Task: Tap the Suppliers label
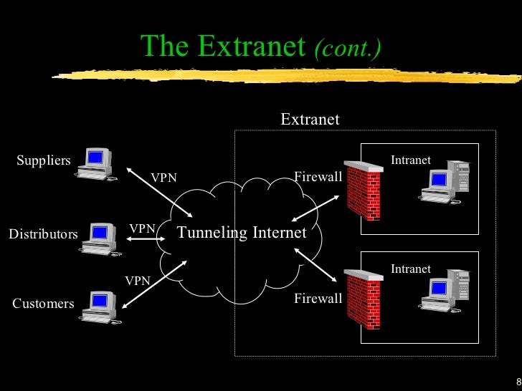tap(43, 160)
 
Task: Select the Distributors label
tap(43, 234)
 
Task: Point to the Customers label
tap(43, 304)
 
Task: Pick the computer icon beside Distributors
tap(98, 238)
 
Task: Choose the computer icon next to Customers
tap(99, 306)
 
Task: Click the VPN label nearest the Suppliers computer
tap(163, 178)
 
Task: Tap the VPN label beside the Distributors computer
tap(142, 228)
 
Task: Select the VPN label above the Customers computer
tap(138, 281)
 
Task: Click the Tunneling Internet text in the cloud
tap(242, 233)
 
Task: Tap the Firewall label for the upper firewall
tap(318, 176)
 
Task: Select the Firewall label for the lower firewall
tap(318, 299)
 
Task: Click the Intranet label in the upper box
tap(411, 160)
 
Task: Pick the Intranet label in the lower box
tap(411, 269)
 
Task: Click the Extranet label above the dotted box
tap(310, 119)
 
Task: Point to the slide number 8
tap(518, 381)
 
